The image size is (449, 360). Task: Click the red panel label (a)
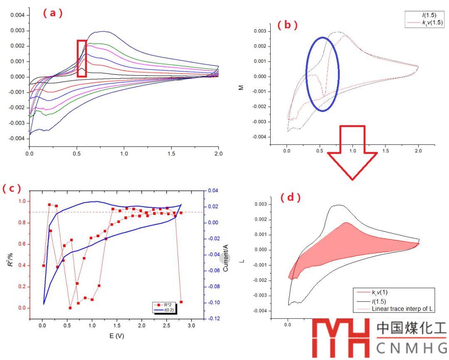[53, 13]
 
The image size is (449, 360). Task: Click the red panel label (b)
[288, 25]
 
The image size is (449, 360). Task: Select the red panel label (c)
[11, 189]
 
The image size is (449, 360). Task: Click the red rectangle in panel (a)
[82, 58]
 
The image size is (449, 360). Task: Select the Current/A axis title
[226, 258]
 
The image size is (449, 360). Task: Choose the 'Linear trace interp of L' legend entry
[395, 309]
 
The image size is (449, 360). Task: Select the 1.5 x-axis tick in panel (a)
[171, 154]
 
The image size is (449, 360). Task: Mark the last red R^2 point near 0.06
[181, 302]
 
